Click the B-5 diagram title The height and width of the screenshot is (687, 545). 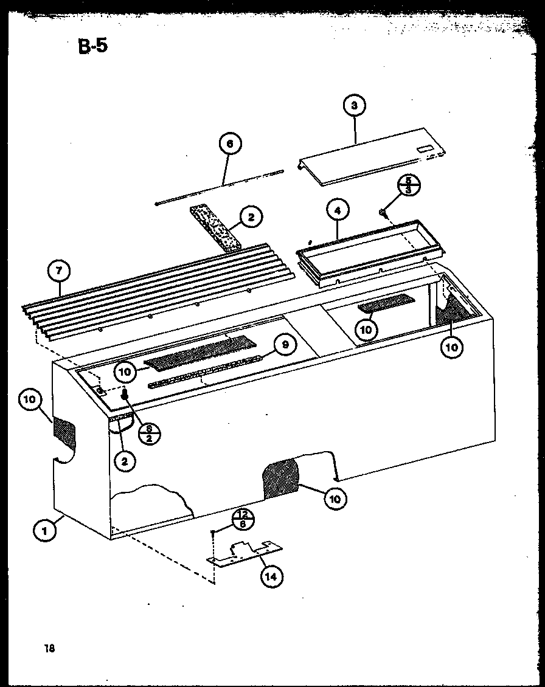tap(93, 46)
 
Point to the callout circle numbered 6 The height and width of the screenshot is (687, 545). tap(229, 145)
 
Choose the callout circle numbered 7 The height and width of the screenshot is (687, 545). tap(60, 271)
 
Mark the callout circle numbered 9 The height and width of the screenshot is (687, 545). tap(285, 345)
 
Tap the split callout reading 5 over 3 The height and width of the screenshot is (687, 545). tap(408, 185)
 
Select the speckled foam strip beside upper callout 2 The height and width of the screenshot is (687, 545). tap(216, 227)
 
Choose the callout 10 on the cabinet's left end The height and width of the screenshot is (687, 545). tap(32, 401)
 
